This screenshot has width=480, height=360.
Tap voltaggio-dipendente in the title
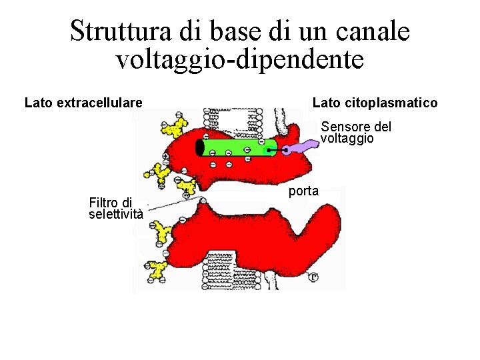pos(240,59)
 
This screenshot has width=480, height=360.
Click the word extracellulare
pos(99,103)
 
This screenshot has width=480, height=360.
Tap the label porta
pos(304,191)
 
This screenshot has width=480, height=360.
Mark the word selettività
pos(116,214)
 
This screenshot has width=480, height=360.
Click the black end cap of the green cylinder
pos(200,147)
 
